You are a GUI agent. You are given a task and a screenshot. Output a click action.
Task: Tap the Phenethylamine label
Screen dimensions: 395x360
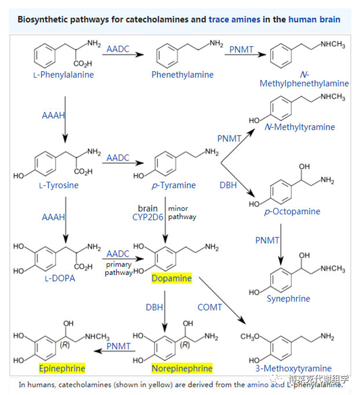click(x=182, y=75)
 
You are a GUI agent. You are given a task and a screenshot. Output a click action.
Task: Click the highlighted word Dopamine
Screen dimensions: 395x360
click(x=171, y=278)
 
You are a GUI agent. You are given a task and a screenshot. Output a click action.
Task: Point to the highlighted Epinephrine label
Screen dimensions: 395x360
click(x=62, y=368)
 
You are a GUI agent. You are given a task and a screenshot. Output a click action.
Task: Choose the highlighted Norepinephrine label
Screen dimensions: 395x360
click(x=182, y=368)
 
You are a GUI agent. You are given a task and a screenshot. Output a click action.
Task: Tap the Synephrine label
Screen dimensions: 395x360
click(x=288, y=299)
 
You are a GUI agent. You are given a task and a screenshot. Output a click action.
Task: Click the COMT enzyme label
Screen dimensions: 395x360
click(x=210, y=307)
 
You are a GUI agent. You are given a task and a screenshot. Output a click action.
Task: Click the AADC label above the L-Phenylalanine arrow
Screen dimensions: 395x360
click(x=118, y=49)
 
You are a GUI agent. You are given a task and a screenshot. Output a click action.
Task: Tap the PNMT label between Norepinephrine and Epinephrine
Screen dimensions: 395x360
click(x=118, y=346)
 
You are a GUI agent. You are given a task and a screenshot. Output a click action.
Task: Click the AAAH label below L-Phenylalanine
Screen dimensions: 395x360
click(x=54, y=115)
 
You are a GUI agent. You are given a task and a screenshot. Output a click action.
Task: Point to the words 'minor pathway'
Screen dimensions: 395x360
click(x=182, y=213)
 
